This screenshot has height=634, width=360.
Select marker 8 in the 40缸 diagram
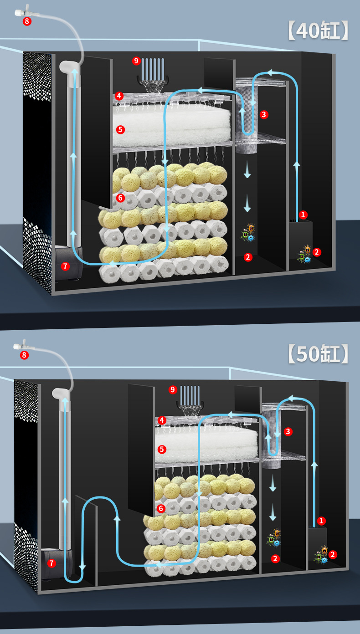pos(27,21)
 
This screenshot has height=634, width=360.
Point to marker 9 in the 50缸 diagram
pos(172,389)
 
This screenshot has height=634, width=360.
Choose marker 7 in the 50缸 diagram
pos(51,563)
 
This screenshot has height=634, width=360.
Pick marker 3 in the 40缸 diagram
pos(264,115)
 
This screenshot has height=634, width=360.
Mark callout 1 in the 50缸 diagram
pos(322,521)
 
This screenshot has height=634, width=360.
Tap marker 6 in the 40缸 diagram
pos(120,198)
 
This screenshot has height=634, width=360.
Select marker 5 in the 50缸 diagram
pos(162,449)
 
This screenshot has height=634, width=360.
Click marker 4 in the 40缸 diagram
pos(119,96)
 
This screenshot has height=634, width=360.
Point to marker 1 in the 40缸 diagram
pos(303,215)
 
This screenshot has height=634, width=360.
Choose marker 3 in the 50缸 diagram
pos(288,431)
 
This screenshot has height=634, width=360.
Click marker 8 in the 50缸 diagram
pos(25,355)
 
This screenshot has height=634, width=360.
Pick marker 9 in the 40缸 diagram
pos(136,61)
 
